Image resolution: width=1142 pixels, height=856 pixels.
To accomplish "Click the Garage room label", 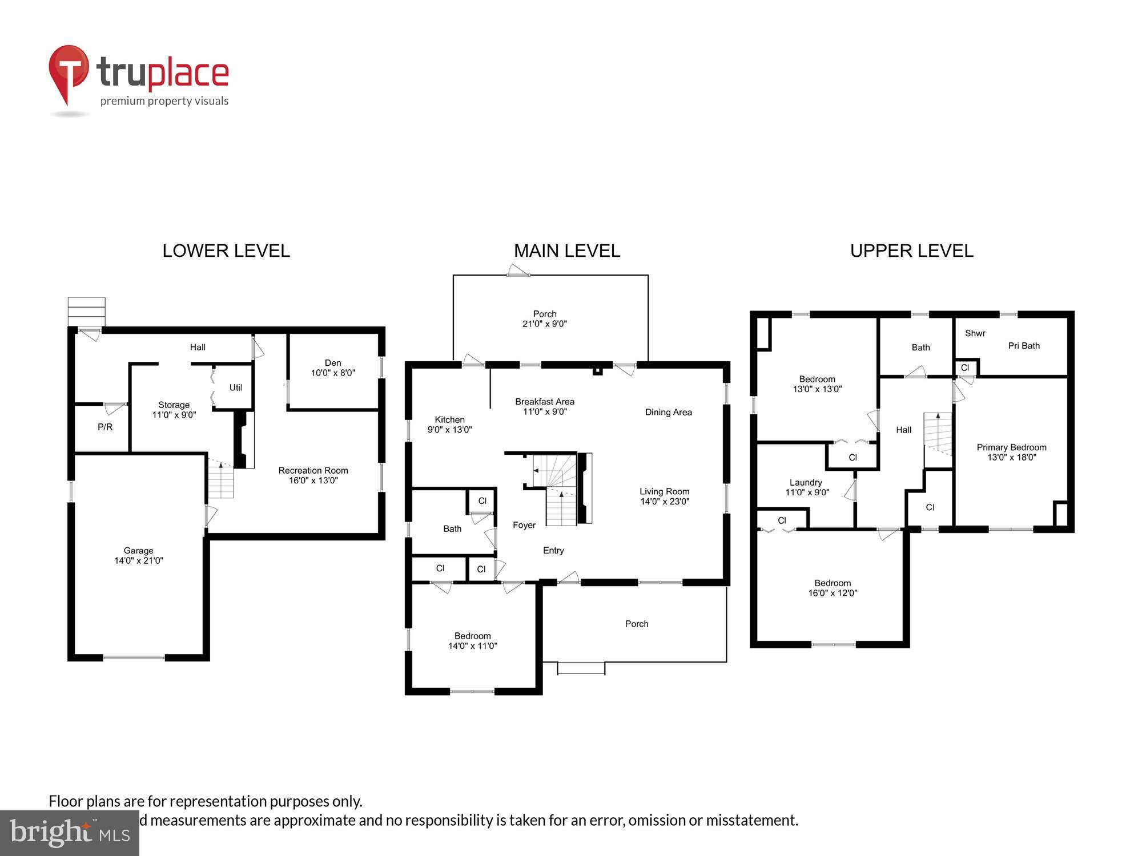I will [x=138, y=551].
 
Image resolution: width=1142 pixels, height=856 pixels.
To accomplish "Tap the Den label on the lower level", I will [x=333, y=363].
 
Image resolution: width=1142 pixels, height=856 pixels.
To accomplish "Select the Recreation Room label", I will [x=313, y=471].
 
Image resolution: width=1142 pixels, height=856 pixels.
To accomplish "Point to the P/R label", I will [x=105, y=427].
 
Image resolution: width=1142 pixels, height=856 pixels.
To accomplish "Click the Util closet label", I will [x=235, y=387].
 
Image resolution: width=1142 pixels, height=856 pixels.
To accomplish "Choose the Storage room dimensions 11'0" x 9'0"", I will [x=174, y=415].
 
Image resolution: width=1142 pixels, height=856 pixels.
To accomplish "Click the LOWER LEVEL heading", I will [x=226, y=251].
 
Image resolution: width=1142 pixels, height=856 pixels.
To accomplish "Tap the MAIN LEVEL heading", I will [x=566, y=251].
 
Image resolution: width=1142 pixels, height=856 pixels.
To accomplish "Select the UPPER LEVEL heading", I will [x=911, y=251].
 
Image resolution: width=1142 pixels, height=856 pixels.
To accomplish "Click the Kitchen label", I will [x=449, y=419].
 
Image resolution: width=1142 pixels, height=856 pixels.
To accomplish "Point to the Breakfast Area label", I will [x=544, y=402].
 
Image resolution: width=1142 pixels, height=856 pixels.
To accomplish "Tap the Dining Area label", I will [x=668, y=412].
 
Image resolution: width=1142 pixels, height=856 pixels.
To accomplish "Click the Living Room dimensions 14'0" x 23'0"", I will [x=665, y=502].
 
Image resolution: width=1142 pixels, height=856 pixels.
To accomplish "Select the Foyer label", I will [x=524, y=525].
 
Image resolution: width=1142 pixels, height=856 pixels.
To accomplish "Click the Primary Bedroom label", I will [x=1011, y=447].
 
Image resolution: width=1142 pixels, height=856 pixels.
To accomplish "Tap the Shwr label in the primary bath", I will [x=975, y=333].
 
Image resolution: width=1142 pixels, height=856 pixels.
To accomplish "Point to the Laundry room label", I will [x=806, y=483].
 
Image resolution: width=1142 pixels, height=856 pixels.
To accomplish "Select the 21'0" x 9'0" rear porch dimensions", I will [x=544, y=324].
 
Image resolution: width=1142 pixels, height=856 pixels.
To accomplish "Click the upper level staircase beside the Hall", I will [x=938, y=433].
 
